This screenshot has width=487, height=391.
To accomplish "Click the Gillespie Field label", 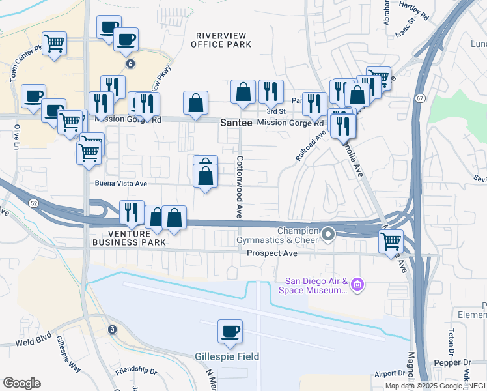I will pyautogui.click(x=227, y=356).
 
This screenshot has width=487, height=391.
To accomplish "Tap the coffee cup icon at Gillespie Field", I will pyautogui.click(x=229, y=332).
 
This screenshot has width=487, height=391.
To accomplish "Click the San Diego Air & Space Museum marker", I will pyautogui.click(x=356, y=284).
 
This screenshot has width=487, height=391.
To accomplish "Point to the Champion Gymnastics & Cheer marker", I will pyautogui.click(x=328, y=233).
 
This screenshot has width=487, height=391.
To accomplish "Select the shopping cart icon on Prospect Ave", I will pyautogui.click(x=391, y=241).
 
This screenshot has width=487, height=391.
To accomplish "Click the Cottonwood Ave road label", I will pyautogui.click(x=240, y=186).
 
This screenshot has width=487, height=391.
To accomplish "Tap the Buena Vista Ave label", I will pyautogui.click(x=121, y=184).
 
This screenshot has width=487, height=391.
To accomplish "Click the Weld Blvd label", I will pyautogui.click(x=33, y=341).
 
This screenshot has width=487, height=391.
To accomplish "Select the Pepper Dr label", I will pyautogui.click(x=459, y=360).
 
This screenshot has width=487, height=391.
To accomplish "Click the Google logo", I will pyautogui.click(x=21, y=383).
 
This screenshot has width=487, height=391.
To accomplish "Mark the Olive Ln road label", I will pyautogui.click(x=18, y=138).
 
